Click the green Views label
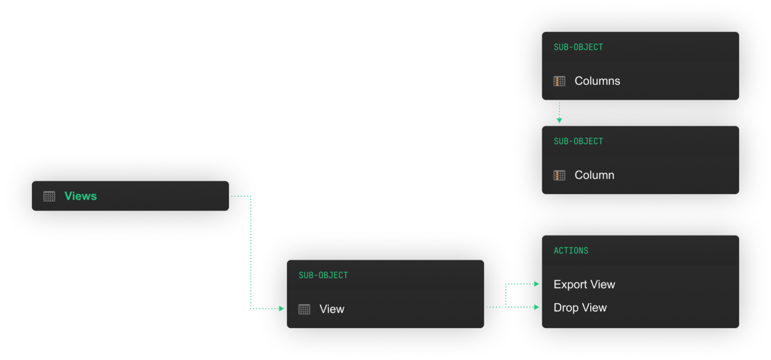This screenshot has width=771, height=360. click(81, 196)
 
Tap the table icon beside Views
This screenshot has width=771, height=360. click(49, 196)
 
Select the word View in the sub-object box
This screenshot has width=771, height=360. click(332, 309)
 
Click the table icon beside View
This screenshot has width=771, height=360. click(304, 309)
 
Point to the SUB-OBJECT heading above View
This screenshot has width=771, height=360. click(323, 275)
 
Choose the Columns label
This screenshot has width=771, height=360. click(597, 81)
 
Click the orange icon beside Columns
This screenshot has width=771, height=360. click(559, 81)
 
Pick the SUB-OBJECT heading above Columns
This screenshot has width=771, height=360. click(578, 47)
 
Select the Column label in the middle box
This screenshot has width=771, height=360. click(594, 176)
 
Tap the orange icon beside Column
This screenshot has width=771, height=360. click(559, 176)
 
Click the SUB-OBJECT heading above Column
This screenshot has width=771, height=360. click(578, 141)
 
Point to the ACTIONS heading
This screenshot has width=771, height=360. click(571, 250)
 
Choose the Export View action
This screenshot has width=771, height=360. click(584, 285)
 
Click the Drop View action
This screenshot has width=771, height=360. click(580, 308)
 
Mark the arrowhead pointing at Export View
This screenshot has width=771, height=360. click(537, 284)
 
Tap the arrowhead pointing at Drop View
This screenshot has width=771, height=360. click(537, 307)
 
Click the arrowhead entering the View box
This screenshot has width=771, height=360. click(282, 308)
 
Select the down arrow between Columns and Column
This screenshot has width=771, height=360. click(559, 120)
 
